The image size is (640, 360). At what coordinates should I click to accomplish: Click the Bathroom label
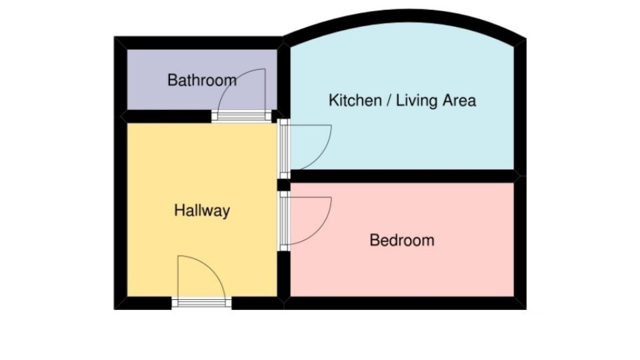tap(202, 80)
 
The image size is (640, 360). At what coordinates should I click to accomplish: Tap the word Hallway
tap(202, 211)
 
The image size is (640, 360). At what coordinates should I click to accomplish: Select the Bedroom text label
tap(402, 240)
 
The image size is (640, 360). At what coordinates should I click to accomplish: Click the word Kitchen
tap(355, 101)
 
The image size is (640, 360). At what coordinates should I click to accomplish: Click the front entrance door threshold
tap(202, 303)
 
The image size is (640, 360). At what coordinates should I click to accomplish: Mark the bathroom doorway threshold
tap(242, 116)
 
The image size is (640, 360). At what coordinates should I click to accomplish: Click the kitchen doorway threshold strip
tap(284, 149)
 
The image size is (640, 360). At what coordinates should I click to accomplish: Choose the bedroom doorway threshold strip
tap(284, 221)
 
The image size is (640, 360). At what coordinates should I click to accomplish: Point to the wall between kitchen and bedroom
tap(404, 176)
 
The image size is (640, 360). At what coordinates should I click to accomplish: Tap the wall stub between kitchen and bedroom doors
tap(284, 185)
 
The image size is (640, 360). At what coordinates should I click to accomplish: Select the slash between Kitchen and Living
tap(389, 101)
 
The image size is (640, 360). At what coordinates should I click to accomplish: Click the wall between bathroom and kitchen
tap(284, 79)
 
